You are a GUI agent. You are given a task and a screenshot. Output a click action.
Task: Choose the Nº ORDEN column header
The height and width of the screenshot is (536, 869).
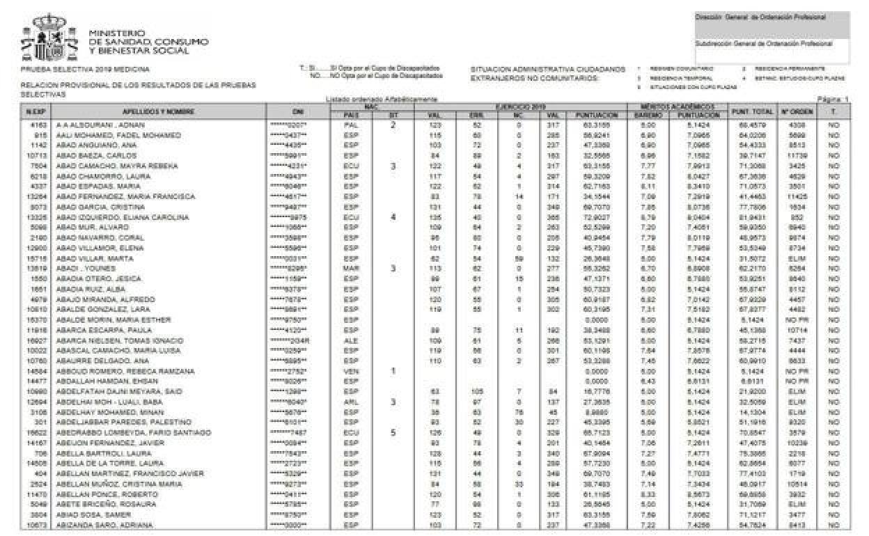pyautogui.click(x=793, y=111)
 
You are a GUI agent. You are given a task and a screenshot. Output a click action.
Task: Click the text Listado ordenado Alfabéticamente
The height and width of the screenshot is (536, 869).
pyautogui.click(x=381, y=100)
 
